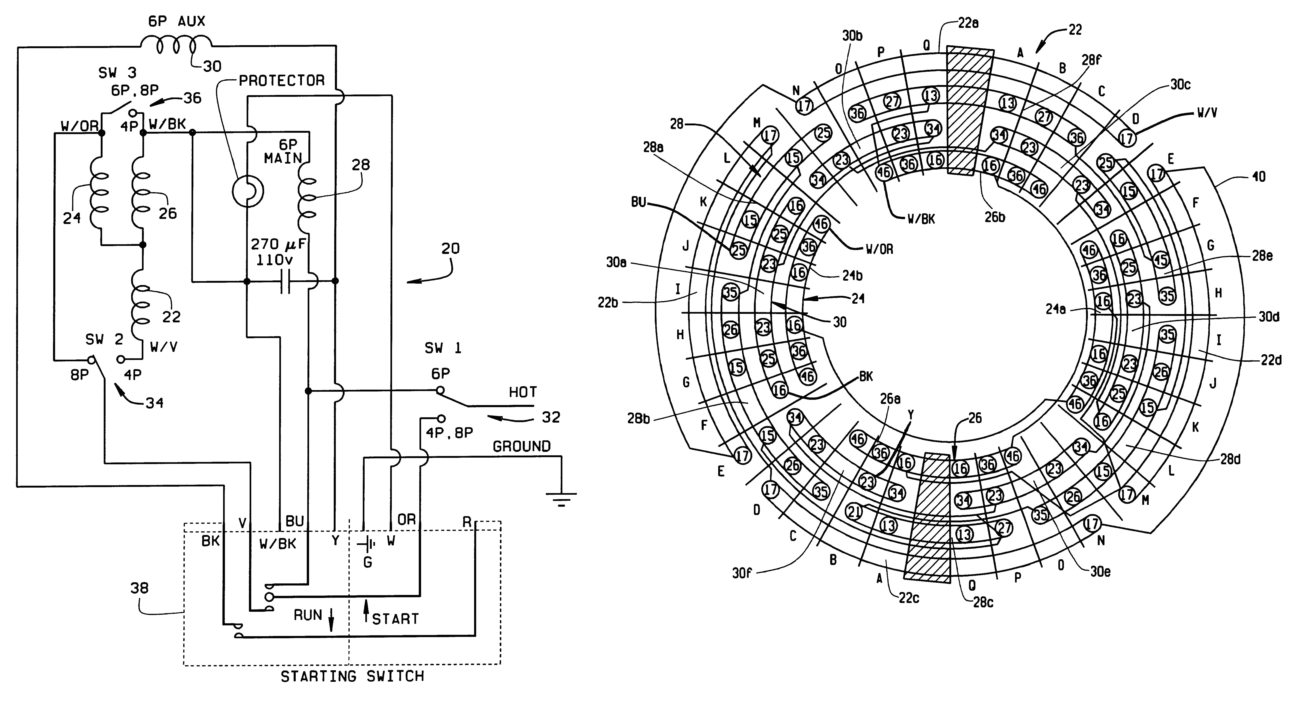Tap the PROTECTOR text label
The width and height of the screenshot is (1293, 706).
click(x=282, y=80)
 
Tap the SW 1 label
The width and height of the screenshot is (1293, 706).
click(x=443, y=348)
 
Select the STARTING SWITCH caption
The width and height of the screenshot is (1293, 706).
click(x=352, y=677)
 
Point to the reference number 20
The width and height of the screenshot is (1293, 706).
click(x=450, y=248)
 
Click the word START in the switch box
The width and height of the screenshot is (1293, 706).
click(x=395, y=619)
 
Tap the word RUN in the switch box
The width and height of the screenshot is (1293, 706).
click(x=308, y=615)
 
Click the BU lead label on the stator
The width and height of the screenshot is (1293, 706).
click(x=638, y=203)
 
